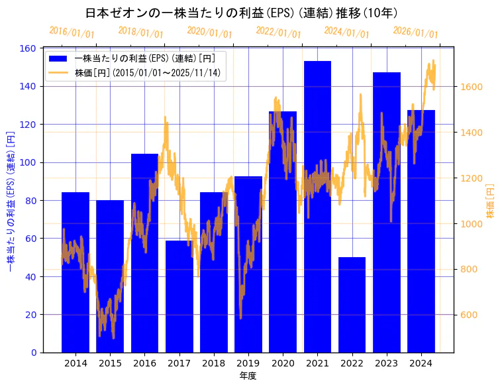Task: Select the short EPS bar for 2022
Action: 352,305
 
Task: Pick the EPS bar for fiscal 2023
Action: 386,212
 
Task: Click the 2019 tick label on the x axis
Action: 248,363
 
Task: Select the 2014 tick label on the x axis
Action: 75,363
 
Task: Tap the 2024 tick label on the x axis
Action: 421,363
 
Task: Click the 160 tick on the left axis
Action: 28,48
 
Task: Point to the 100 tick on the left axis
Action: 28,162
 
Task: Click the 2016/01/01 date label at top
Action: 72,32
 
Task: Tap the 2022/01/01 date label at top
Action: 278,32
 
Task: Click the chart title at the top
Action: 242,13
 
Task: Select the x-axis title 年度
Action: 248,376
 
